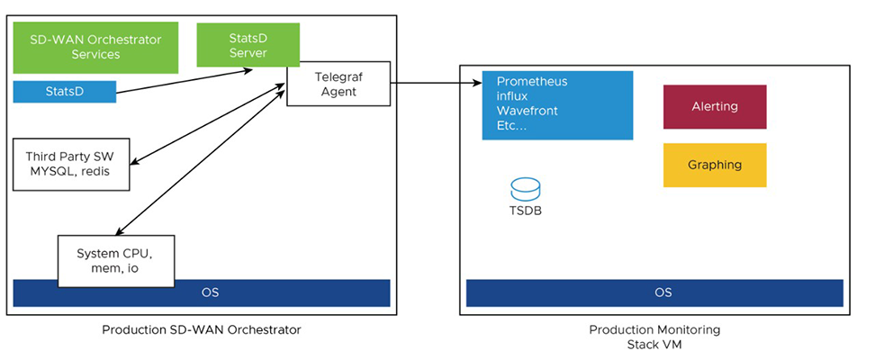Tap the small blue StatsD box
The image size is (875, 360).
64,92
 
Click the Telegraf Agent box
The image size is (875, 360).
338,84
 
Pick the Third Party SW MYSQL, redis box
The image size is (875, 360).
71,164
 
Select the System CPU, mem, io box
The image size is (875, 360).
116,259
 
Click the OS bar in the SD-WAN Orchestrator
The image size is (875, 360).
202,293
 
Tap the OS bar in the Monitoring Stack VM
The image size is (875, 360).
654,293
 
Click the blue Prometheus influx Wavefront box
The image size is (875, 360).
557,103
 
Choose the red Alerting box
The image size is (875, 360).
715,107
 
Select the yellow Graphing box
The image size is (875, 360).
715,165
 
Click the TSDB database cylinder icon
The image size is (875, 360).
525,189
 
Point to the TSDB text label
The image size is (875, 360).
525,211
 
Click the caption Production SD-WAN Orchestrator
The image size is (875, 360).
202,330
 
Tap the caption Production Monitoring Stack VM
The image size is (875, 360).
654,337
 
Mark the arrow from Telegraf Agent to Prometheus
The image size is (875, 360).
437,84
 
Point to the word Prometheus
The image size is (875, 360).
531,81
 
